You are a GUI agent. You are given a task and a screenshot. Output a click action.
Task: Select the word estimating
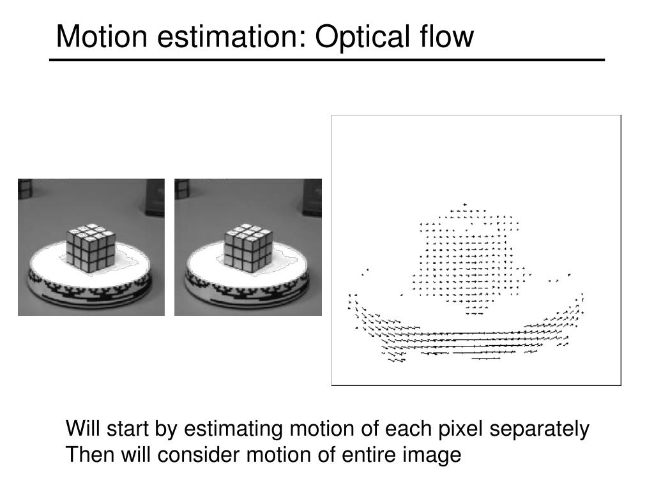pos(229,430)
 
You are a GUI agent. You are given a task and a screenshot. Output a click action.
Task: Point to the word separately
pos(540,430)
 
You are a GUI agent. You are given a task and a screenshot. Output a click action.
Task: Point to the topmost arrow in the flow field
pos(466,204)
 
